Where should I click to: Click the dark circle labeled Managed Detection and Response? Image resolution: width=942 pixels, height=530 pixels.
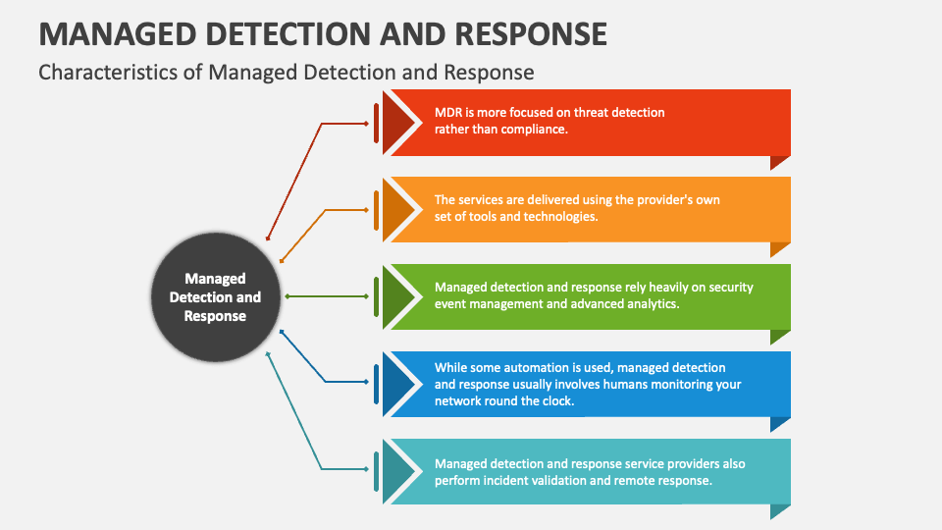215,296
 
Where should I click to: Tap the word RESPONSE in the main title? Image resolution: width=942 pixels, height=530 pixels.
531,34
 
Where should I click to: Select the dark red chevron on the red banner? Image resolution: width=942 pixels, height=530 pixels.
397,123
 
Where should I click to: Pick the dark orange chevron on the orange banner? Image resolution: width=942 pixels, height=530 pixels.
397,210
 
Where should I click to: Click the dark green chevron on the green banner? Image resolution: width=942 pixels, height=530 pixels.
397,296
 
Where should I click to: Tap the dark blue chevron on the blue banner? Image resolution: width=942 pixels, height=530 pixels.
397,384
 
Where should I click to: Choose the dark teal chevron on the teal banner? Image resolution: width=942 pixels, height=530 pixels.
397,471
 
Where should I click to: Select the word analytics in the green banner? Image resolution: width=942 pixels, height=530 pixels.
654,304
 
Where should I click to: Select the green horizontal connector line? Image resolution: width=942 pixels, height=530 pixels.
327,296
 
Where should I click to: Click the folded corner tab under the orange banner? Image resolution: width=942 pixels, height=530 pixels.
778,248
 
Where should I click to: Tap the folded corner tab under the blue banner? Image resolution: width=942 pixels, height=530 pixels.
778,422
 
